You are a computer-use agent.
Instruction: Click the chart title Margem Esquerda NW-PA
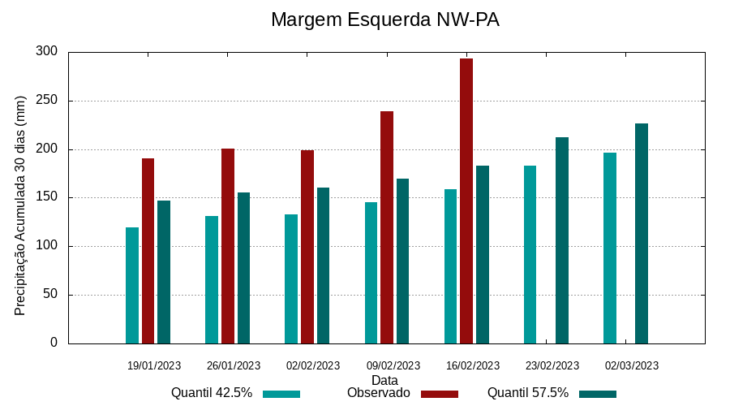[x=384, y=19]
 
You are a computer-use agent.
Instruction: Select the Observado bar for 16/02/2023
[x=466, y=201]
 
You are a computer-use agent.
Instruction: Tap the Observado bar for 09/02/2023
[x=387, y=227]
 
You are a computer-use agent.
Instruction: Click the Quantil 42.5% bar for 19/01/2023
[x=132, y=285]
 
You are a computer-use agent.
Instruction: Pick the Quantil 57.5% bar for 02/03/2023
[x=642, y=233]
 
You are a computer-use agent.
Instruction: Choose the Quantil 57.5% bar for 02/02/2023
[x=324, y=266]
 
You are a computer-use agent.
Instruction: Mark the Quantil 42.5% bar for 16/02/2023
[x=451, y=266]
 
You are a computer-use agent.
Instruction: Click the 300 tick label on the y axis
[x=47, y=52]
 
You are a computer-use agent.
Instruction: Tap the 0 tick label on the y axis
[x=54, y=343]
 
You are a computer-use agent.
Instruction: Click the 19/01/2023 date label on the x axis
[x=154, y=365]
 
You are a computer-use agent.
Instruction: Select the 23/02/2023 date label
[x=552, y=365]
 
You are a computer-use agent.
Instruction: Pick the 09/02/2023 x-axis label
[x=393, y=365]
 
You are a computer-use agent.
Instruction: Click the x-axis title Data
[x=384, y=380]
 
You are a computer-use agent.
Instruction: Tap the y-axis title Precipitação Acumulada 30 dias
[x=21, y=205]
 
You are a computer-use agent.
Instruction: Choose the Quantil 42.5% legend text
[x=212, y=393]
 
